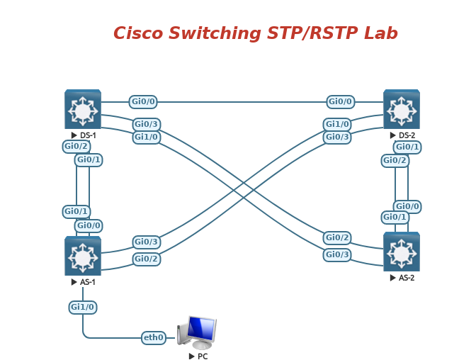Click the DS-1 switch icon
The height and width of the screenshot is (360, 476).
83,109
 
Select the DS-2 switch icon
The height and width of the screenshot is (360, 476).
402,109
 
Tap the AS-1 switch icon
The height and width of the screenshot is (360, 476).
83,256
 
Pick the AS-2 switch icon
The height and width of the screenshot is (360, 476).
402,252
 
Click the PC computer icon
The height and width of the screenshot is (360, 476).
198,332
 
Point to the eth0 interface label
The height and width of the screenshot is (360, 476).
154,338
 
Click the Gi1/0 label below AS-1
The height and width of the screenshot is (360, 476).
83,307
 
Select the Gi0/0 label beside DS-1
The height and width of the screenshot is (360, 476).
144,101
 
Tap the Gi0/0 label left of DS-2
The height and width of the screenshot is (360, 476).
341,101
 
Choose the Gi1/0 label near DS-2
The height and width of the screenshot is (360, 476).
338,124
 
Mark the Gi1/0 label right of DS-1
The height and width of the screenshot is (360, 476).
147,137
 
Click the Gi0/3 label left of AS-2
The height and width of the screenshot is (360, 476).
338,254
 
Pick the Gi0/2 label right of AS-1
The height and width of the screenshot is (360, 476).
147,259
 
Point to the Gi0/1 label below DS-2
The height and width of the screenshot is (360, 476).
408,147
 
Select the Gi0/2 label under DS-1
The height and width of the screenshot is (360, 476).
76,147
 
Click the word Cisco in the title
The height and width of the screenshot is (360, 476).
139,33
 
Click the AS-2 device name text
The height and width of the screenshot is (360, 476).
407,278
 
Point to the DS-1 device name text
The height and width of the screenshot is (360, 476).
88,135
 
